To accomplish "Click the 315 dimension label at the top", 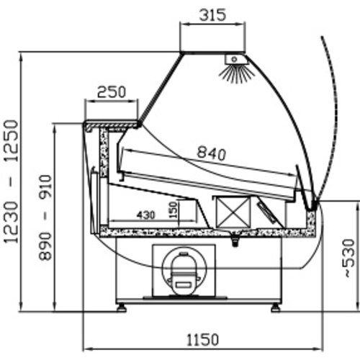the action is point(212,15).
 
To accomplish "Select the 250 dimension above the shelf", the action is point(112,92).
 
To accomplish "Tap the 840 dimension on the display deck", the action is point(212,153).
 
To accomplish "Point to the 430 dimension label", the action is point(146,215).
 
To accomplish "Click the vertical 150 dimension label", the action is point(174,210).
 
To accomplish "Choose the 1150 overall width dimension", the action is point(203,340).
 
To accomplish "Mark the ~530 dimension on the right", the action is point(349,258).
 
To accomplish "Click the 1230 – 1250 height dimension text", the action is point(12,181).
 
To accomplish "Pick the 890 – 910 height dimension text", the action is point(45,217).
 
